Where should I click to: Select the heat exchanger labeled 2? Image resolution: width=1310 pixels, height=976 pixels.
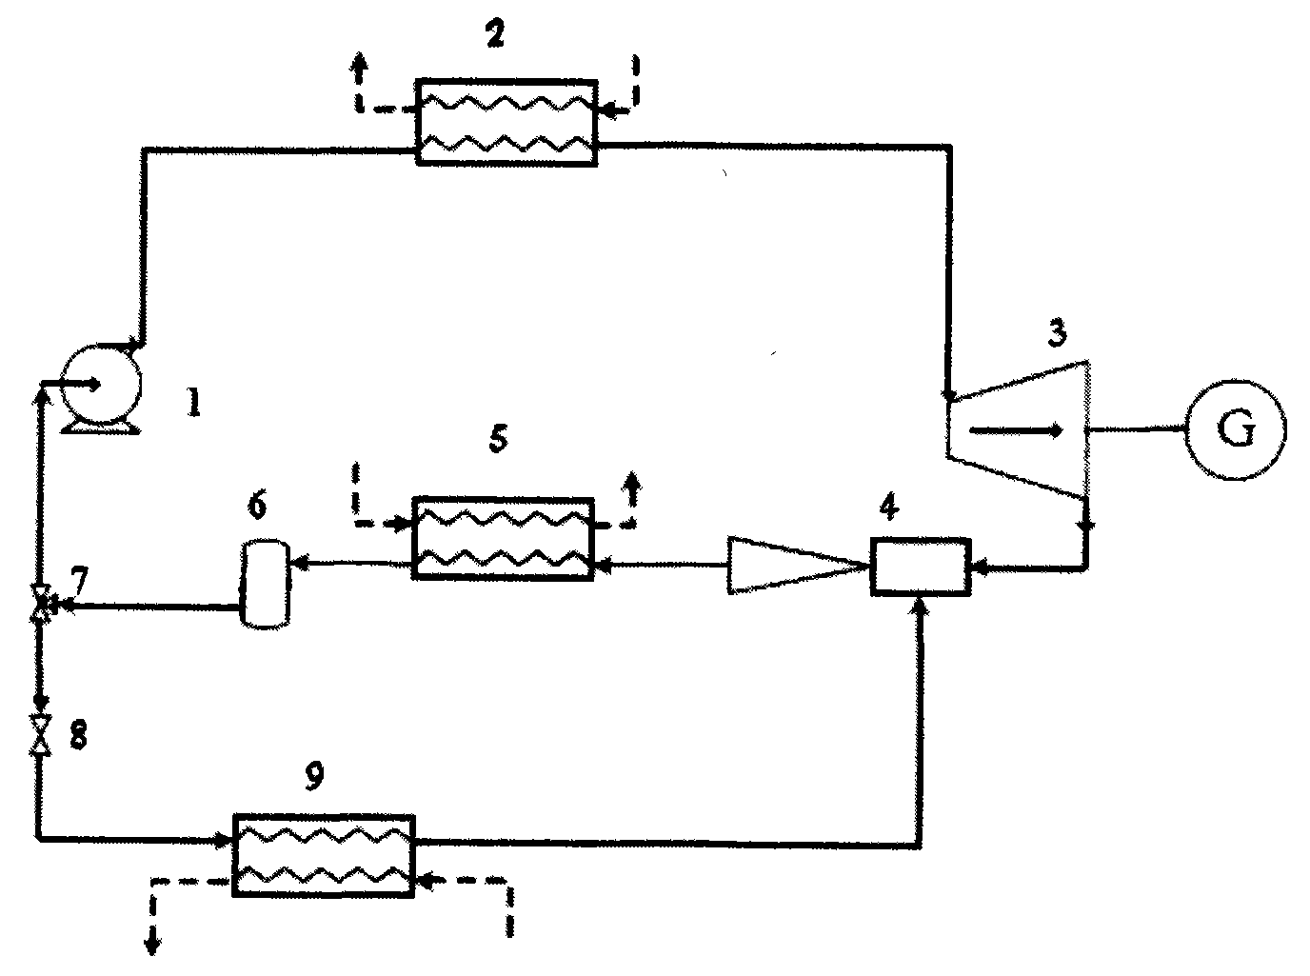tap(506, 122)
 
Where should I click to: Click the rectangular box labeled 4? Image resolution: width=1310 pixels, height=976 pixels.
tap(920, 567)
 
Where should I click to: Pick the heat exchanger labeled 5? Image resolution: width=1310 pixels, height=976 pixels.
tap(503, 538)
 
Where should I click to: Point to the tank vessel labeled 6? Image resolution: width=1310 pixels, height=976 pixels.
tap(263, 583)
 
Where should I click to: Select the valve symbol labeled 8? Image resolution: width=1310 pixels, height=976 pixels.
tap(40, 734)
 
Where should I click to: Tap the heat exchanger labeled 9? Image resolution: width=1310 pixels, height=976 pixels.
tap(324, 853)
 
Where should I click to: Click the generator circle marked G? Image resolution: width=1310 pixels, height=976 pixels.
tap(1235, 429)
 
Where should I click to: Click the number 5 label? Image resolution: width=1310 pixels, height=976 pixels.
tap(496, 439)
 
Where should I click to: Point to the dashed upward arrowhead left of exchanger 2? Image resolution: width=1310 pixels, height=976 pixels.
tap(360, 62)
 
